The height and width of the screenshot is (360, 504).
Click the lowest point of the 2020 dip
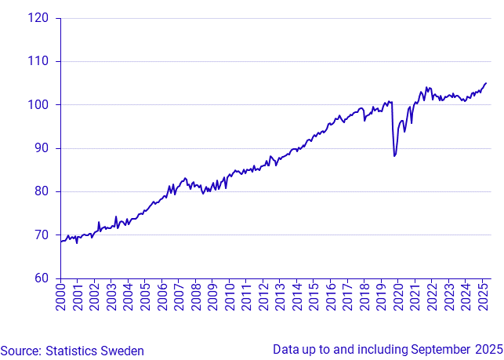click(394, 156)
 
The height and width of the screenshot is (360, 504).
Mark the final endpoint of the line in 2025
click(486, 82)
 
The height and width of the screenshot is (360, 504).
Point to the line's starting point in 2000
click(60, 242)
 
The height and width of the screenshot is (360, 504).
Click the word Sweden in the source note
click(125, 351)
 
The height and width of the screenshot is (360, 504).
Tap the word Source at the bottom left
click(19, 351)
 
